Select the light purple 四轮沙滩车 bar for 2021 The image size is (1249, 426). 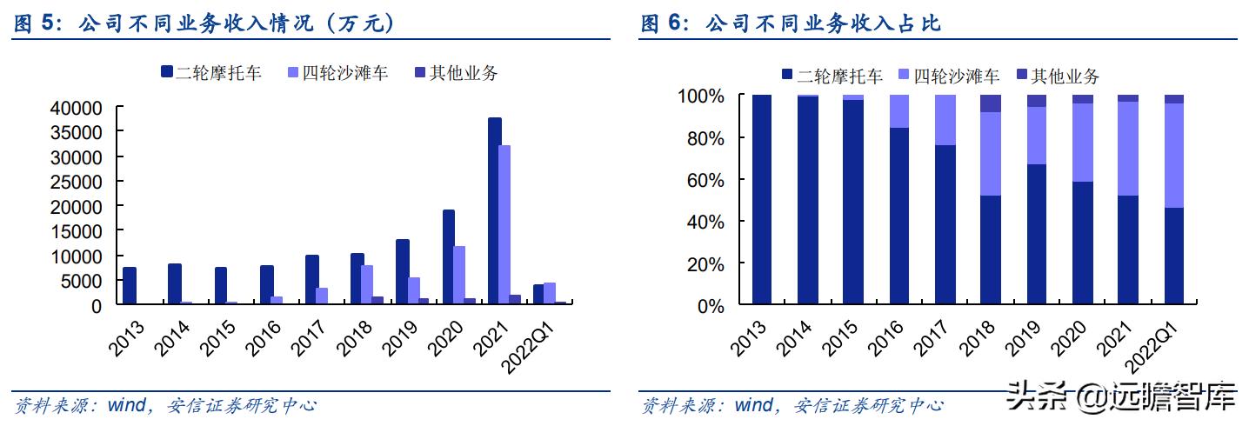(504, 225)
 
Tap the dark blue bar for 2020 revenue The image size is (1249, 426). (449, 257)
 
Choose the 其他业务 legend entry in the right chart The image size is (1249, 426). (1057, 76)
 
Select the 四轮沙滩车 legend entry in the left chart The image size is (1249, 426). (337, 73)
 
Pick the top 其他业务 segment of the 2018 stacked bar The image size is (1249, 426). (991, 103)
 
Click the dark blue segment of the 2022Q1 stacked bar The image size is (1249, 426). (1173, 256)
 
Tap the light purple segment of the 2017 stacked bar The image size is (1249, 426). (945, 120)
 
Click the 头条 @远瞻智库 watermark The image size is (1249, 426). (1121, 401)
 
